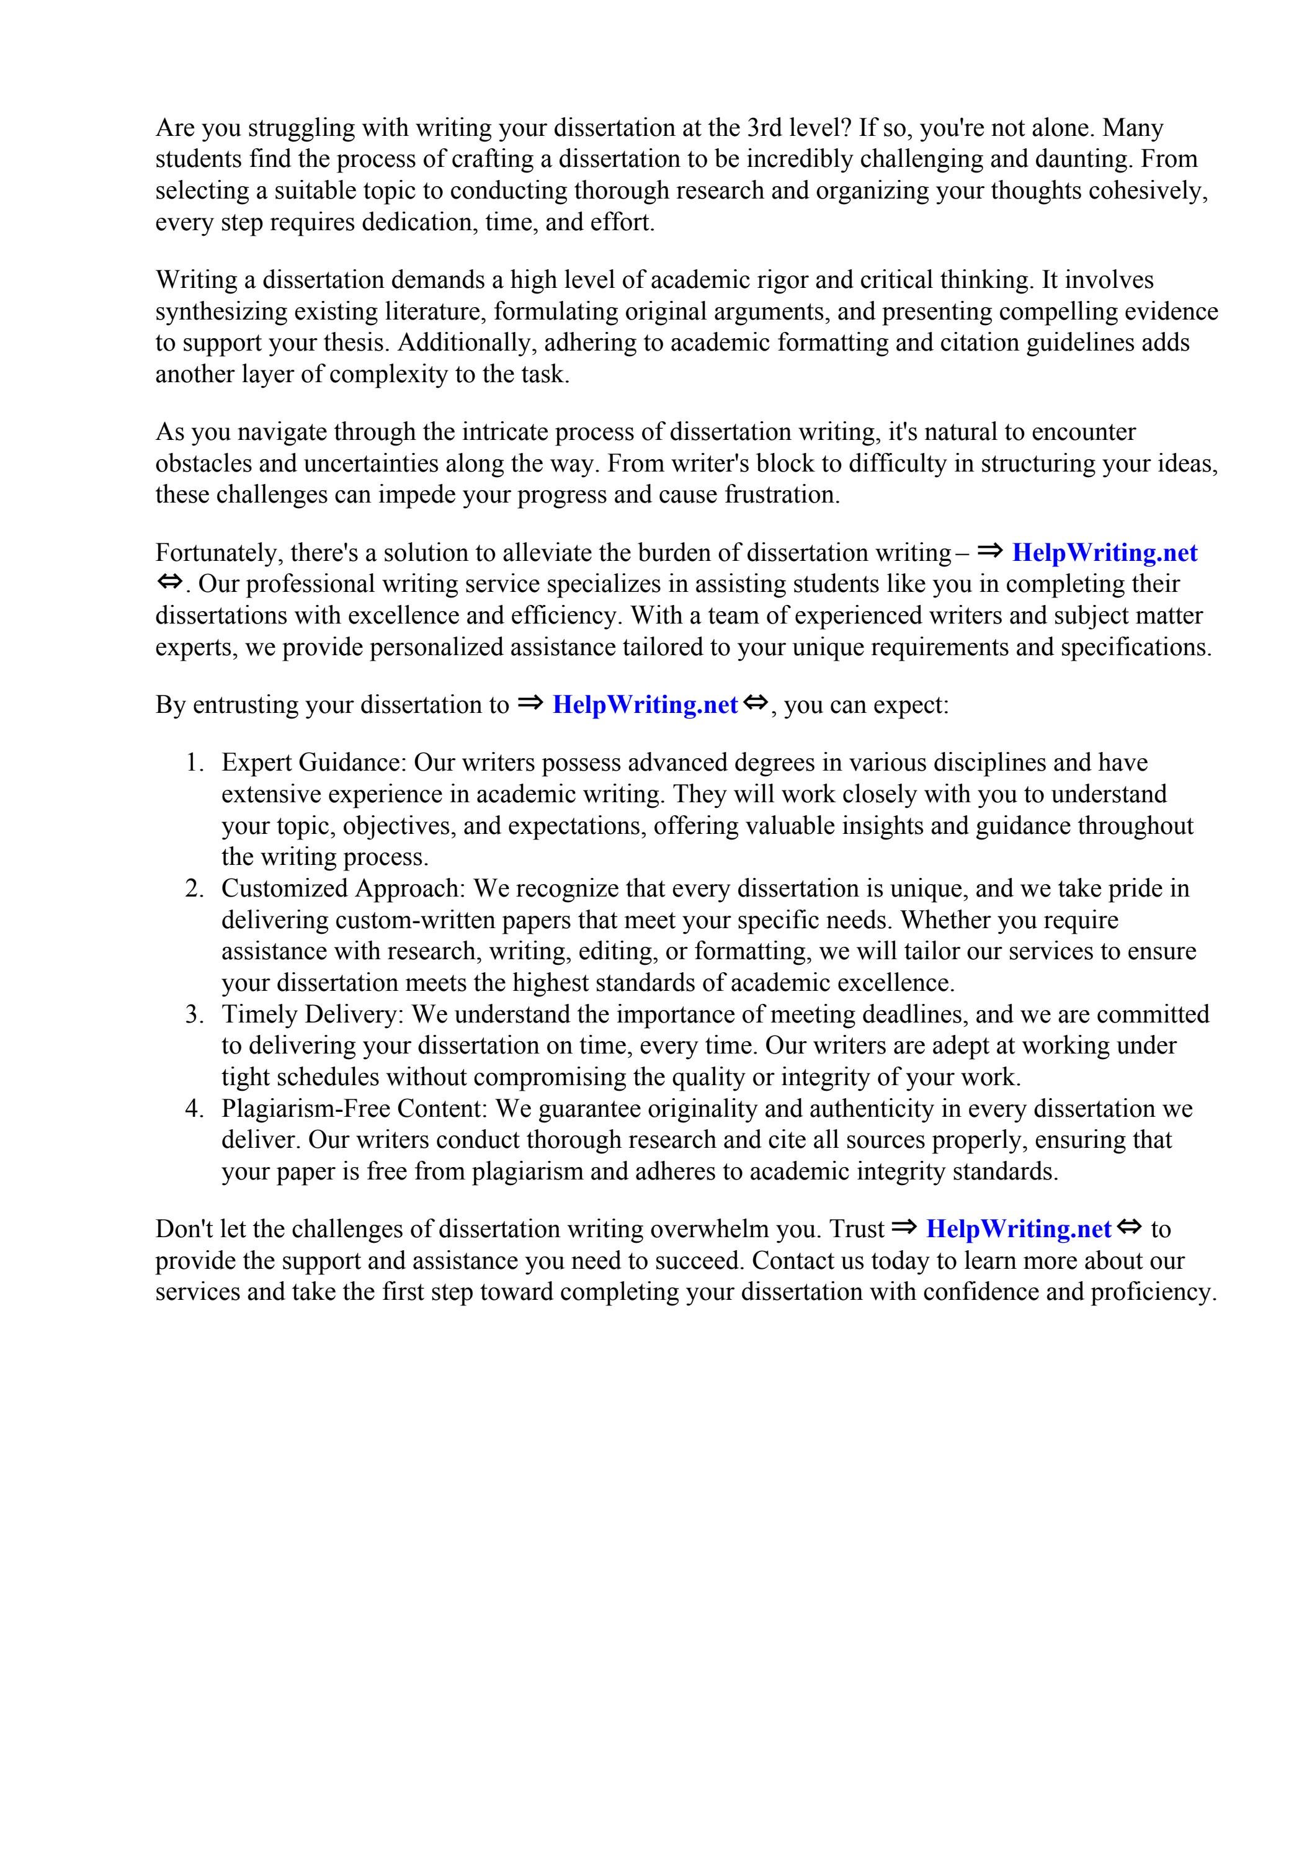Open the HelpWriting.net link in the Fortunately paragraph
click(x=1104, y=553)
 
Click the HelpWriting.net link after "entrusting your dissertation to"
click(x=645, y=705)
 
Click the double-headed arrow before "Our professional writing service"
click(x=170, y=583)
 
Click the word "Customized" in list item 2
click(x=285, y=889)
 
